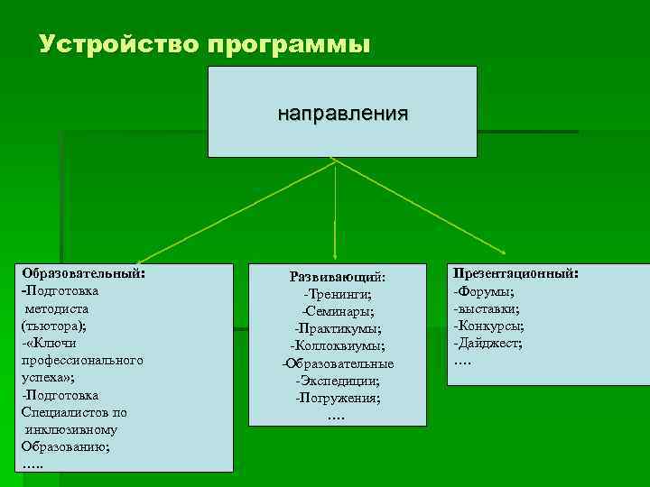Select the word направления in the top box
[x=342, y=115]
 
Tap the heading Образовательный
[x=83, y=273]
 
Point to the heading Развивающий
[x=336, y=276]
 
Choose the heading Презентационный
[x=515, y=272]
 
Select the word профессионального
[x=82, y=360]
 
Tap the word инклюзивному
[x=77, y=429]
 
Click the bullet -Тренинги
[x=337, y=294]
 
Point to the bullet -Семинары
[x=339, y=311]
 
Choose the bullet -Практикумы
[x=337, y=328]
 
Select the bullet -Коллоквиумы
[x=337, y=345]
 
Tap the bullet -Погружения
[x=338, y=398]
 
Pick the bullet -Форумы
[x=484, y=290]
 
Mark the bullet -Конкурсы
[x=489, y=326]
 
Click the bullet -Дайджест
[x=487, y=343]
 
